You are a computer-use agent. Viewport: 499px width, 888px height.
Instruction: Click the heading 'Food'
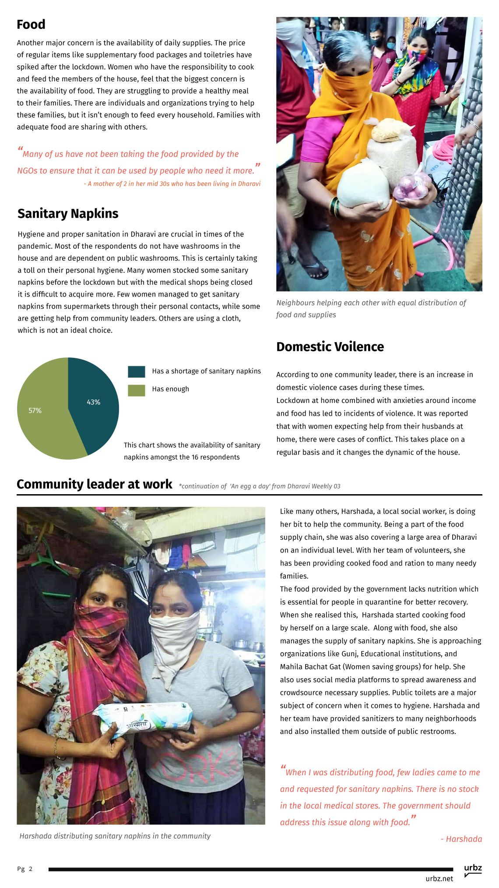31,25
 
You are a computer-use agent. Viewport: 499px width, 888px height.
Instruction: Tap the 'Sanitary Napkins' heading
68,213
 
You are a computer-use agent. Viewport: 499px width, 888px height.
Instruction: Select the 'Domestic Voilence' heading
330,347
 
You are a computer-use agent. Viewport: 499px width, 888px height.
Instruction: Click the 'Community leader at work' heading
94,484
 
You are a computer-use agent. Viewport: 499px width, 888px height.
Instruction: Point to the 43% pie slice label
93,402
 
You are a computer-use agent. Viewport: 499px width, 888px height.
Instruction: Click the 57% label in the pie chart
35,410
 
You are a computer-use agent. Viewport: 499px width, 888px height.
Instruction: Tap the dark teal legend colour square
136,371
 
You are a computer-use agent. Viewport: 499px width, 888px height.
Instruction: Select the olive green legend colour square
136,390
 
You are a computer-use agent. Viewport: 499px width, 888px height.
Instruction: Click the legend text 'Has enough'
170,389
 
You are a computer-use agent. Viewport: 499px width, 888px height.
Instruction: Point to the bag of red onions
411,187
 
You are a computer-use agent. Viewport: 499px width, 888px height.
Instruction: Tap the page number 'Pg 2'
25,869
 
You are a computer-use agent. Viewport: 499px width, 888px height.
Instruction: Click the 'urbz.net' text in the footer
439,878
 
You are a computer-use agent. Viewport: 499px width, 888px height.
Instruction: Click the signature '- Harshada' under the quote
461,839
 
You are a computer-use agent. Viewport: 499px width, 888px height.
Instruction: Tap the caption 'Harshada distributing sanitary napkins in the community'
115,836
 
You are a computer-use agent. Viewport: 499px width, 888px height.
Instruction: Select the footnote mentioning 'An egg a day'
259,486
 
